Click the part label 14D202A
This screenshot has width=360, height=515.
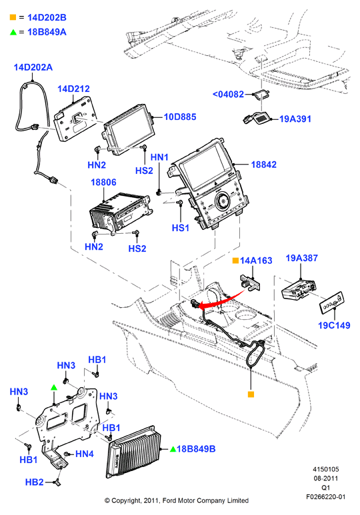[x=33, y=67]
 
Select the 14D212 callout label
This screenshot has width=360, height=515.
[x=73, y=89]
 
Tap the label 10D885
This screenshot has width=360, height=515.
[x=180, y=117]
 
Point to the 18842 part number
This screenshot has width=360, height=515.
[x=264, y=165]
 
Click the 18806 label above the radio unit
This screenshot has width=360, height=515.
[x=103, y=183]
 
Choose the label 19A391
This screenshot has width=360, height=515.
[x=295, y=119]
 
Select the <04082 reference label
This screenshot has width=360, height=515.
[x=228, y=94]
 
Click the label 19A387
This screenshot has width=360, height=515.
[x=302, y=258]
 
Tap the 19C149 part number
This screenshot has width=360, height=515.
[x=334, y=326]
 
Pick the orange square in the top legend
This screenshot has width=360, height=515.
[x=13, y=17]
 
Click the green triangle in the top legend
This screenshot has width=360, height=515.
[x=13, y=32]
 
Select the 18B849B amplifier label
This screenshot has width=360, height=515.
[x=196, y=449]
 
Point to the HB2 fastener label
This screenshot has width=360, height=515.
[x=34, y=482]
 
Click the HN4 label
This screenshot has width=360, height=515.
[x=85, y=454]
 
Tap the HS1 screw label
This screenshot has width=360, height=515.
[x=181, y=228]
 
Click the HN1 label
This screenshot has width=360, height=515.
[x=159, y=157]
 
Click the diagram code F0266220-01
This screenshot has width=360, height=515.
[x=326, y=496]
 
